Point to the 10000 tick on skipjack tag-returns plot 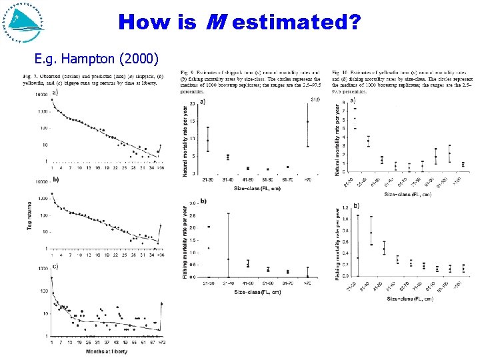pyautogui.click(x=41, y=94)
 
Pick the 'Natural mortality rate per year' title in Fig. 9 pyautogui.click(x=185, y=138)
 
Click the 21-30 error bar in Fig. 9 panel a pyautogui.click(x=209, y=139)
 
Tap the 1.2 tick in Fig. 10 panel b pyautogui.click(x=346, y=208)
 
